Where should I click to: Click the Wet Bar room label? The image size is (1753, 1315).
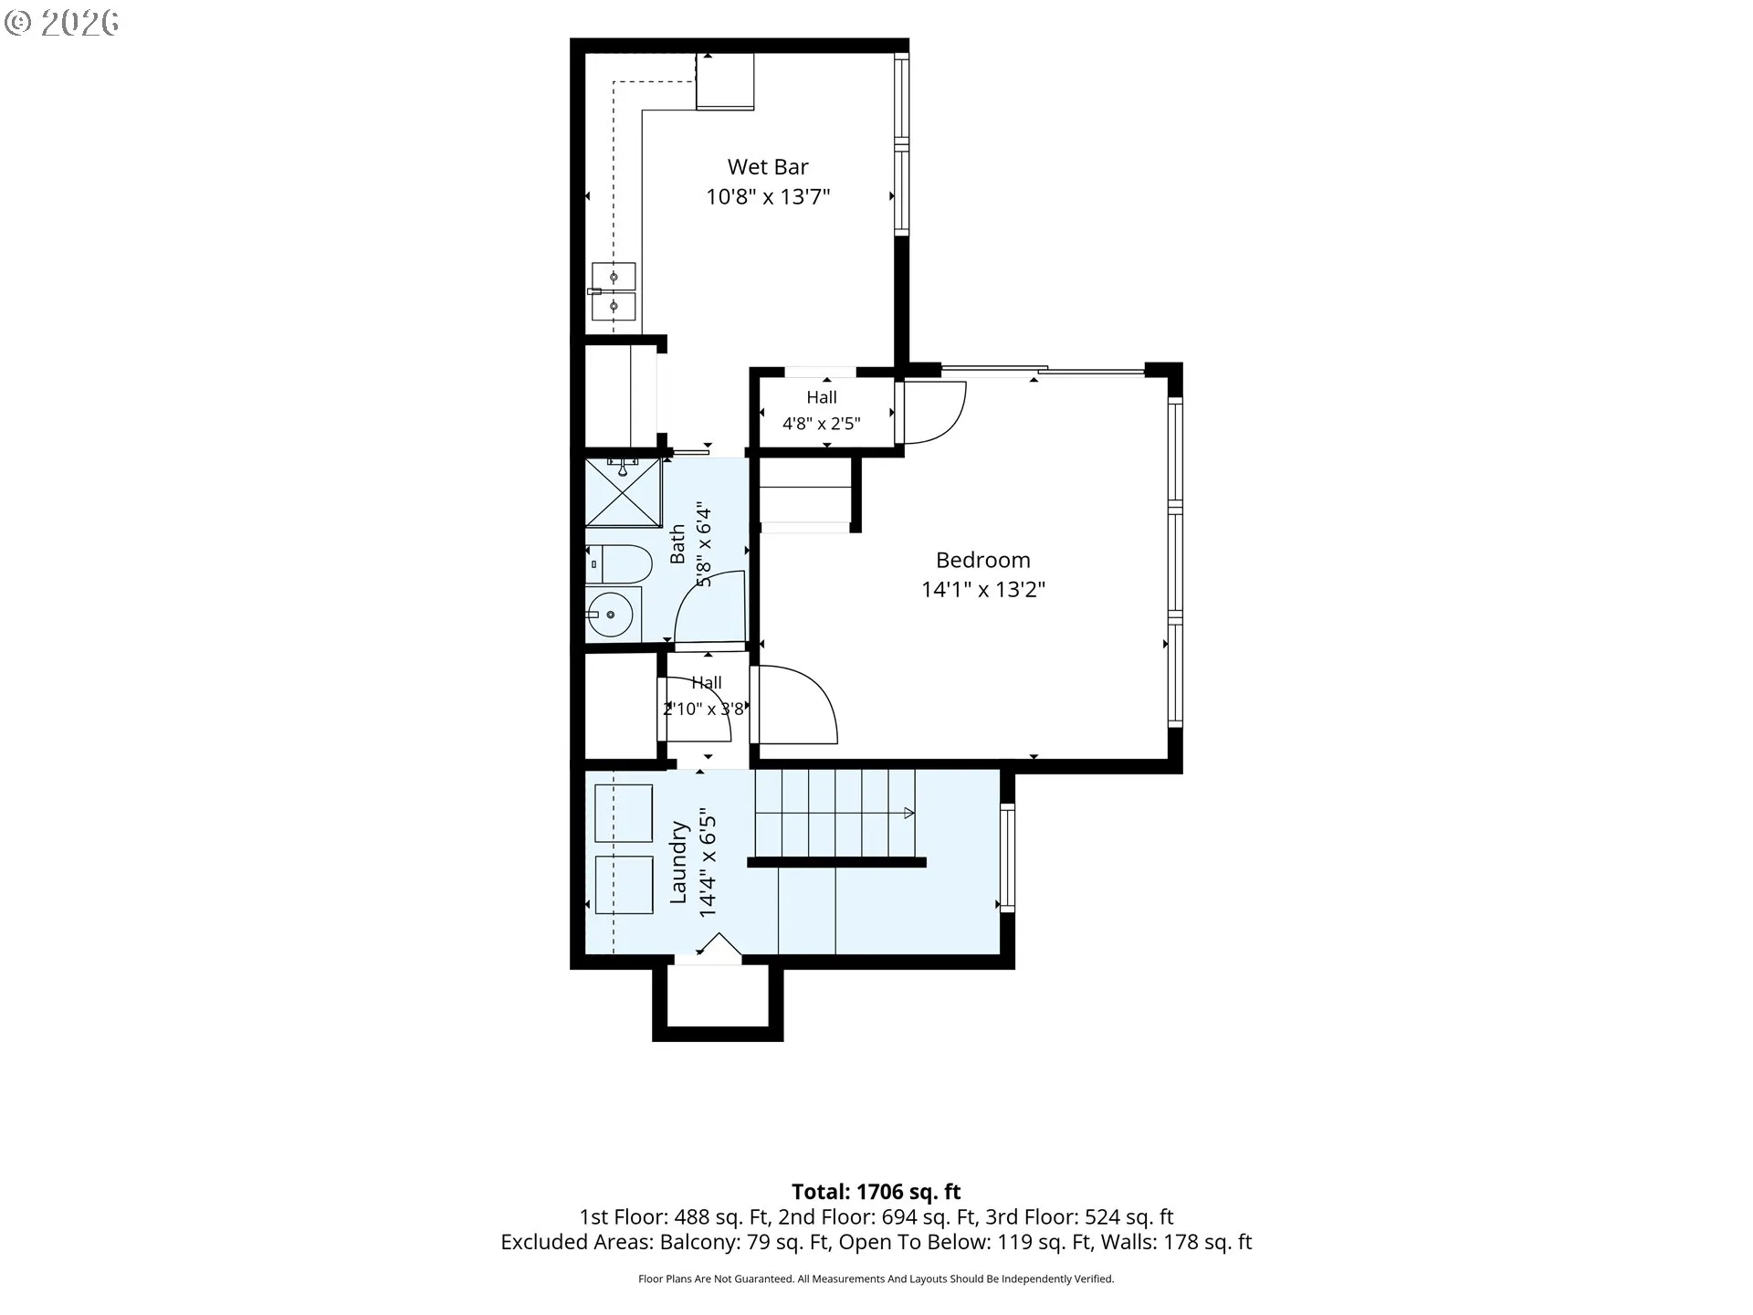click(768, 167)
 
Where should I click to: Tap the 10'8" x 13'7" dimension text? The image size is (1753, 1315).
click(768, 196)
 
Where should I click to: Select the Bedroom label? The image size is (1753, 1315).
click(982, 560)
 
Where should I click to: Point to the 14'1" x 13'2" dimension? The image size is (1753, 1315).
click(982, 589)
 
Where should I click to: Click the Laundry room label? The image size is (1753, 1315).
click(678, 862)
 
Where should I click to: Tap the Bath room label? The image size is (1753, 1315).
click(677, 544)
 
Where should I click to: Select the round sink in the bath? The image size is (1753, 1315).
click(610, 615)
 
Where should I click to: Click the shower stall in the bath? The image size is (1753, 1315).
click(623, 492)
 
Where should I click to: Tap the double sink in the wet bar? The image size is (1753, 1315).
click(614, 291)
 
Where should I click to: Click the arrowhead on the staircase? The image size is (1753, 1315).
click(909, 813)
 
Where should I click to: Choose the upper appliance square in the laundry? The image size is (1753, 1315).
click(624, 813)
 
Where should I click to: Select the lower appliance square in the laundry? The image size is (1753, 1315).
click(624, 885)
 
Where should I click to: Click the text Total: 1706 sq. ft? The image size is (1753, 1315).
click(876, 1192)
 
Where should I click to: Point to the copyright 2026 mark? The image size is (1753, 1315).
click(61, 23)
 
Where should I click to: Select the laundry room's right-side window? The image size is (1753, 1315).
click(1007, 857)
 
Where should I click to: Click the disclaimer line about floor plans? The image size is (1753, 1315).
click(876, 1279)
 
